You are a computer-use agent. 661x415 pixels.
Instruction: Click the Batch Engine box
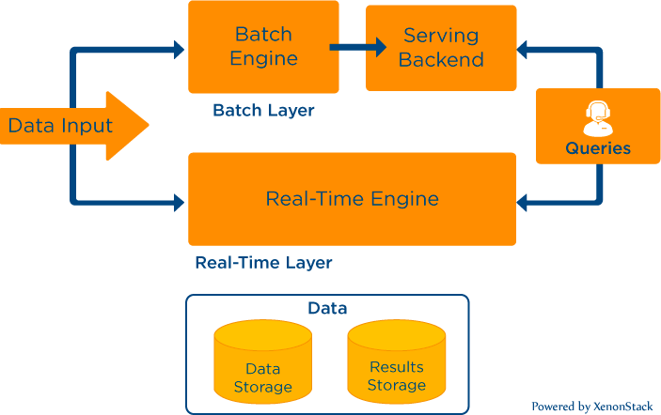click(264, 47)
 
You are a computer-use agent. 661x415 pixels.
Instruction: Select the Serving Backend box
click(441, 49)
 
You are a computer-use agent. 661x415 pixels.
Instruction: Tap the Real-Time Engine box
click(352, 199)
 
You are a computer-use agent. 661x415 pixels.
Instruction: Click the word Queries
click(598, 148)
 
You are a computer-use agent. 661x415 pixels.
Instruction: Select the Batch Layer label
click(263, 111)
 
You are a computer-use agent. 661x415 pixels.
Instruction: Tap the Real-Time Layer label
click(263, 263)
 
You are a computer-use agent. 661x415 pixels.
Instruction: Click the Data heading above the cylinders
click(327, 308)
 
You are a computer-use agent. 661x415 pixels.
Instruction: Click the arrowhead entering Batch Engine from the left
click(179, 50)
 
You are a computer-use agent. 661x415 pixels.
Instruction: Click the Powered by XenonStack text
click(591, 407)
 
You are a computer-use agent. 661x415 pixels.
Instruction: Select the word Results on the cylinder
click(396, 367)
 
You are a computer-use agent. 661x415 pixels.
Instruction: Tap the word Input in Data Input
click(88, 126)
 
